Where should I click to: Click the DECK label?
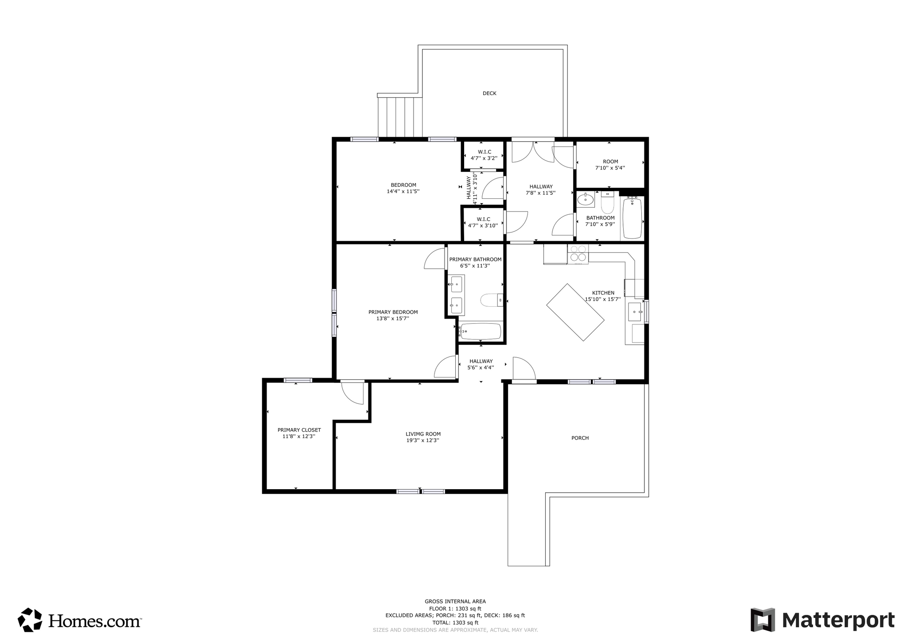489,93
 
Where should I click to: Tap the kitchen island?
575,312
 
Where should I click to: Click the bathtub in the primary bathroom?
481,331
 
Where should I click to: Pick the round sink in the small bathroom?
585,200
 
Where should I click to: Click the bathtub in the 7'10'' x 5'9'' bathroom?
632,218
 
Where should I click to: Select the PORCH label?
580,438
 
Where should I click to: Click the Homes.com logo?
80,620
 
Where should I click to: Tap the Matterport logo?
822,620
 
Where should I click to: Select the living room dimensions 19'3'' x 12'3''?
423,440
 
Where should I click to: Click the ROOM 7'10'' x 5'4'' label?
610,165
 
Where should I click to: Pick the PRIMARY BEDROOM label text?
393,312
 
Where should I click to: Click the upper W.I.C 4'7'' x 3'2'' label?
484,155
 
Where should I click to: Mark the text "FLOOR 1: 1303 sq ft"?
455,608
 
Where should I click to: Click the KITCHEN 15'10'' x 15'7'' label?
603,296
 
